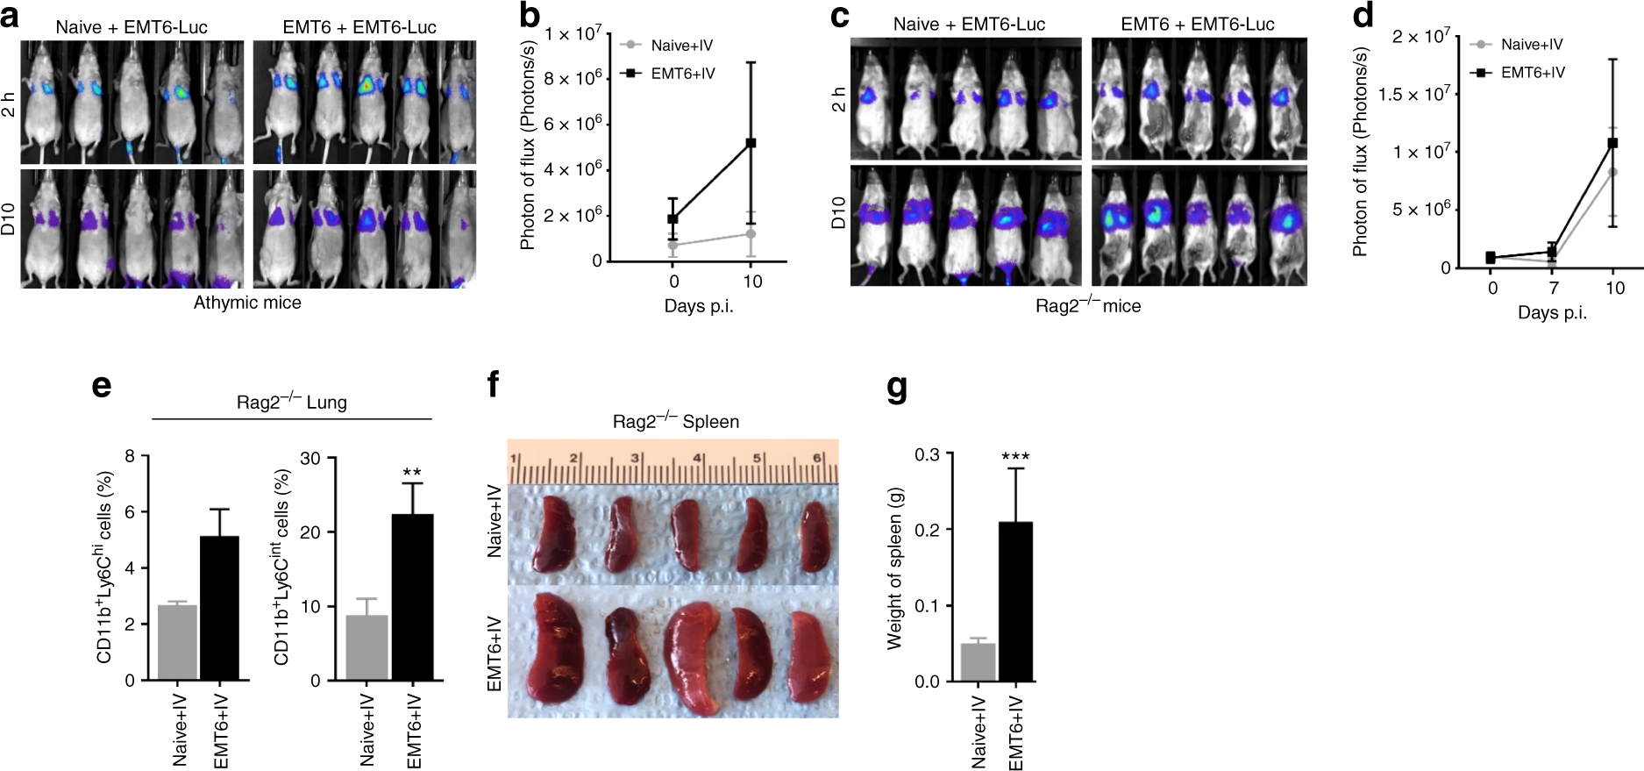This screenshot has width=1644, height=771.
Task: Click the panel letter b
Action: [530, 15]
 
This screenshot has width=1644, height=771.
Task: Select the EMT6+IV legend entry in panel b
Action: [682, 74]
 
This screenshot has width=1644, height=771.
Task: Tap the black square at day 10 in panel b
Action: [751, 143]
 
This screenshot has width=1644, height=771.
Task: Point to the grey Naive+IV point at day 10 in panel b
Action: [751, 234]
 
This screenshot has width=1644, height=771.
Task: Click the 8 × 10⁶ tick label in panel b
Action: [573, 79]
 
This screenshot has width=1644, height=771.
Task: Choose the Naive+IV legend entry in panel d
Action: [1531, 45]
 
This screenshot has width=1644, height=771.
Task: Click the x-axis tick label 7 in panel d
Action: [1553, 289]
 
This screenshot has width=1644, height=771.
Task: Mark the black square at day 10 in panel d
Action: [1612, 143]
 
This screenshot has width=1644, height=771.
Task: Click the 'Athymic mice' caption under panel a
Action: [247, 303]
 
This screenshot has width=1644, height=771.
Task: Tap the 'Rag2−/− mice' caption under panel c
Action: [1087, 305]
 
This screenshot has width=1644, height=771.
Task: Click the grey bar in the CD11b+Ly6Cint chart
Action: [367, 647]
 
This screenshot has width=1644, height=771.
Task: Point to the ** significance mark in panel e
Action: [412, 474]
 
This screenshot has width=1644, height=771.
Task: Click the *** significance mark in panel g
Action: [1015, 457]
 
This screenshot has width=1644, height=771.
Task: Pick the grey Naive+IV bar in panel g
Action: [979, 662]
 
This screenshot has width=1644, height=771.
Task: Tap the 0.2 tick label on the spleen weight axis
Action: [927, 531]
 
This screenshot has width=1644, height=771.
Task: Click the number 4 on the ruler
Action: [698, 459]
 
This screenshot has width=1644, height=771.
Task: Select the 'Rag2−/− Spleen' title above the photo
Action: [675, 422]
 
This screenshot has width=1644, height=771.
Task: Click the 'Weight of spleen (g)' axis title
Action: [894, 568]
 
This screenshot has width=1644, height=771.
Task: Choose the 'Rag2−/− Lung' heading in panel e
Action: [291, 403]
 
